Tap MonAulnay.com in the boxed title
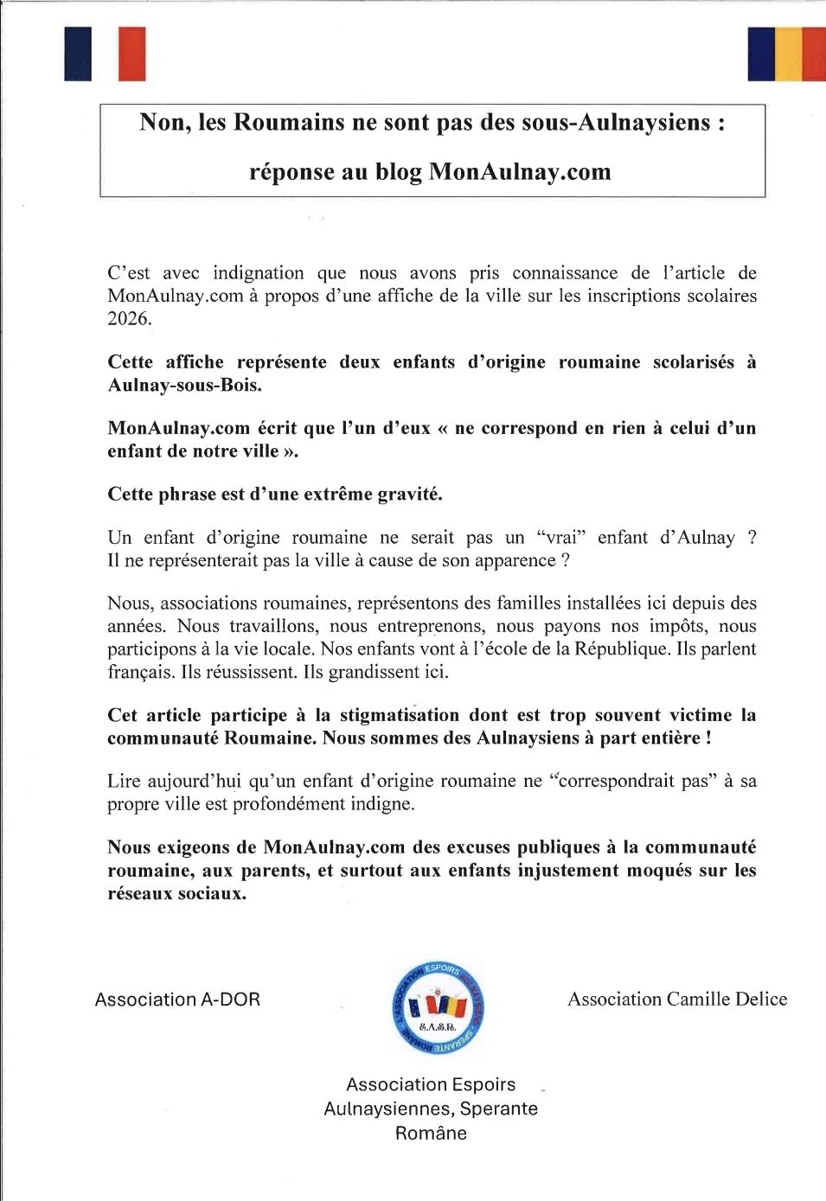pyautogui.click(x=520, y=172)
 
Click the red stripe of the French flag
pyautogui.click(x=131, y=54)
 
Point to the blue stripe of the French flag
pyautogui.click(x=78, y=54)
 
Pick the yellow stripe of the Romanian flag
pyautogui.click(x=788, y=54)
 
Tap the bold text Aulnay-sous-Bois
pyautogui.click(x=184, y=386)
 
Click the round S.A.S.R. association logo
pyautogui.click(x=437, y=1008)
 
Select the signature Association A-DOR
pyautogui.click(x=177, y=1000)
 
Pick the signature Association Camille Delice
pyautogui.click(x=677, y=1000)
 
